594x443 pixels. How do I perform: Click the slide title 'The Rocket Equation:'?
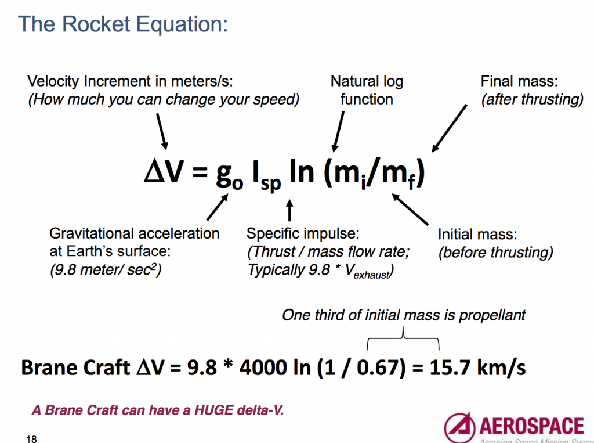(122, 24)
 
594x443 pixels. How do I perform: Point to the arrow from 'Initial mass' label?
(410, 209)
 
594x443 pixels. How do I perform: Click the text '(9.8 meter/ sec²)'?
(105, 271)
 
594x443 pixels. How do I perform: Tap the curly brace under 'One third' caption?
(403, 336)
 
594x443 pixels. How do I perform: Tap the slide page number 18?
(31, 438)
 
